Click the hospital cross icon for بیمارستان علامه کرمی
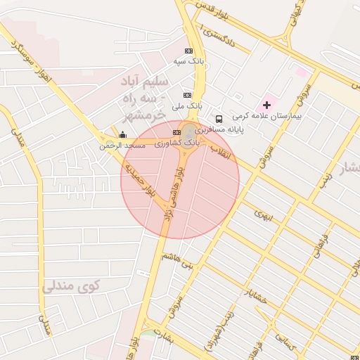[266, 105]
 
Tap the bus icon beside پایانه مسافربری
[219, 119]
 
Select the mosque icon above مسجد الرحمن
[123, 134]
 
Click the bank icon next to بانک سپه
[188, 51]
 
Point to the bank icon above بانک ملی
[187, 95]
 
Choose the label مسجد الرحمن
[122, 146]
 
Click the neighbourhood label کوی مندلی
[71, 287]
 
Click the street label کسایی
[285, 340]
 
